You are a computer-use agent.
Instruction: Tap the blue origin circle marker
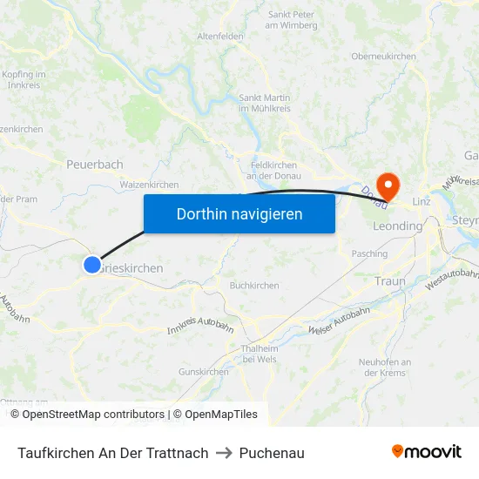coord(92,265)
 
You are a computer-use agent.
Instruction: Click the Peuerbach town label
coord(95,164)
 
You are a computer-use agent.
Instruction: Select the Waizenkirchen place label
coord(149,185)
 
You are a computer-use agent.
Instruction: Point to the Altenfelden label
coord(220,37)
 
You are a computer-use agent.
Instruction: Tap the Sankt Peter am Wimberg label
coord(292,20)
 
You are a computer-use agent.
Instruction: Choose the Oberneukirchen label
coord(383,57)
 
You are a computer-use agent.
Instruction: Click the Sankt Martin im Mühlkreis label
coord(265,101)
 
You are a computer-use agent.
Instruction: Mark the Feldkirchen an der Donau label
coord(273,170)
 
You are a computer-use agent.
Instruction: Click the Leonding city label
coord(397,226)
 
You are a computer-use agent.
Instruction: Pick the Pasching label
coord(369,253)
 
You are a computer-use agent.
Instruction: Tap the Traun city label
coord(390,281)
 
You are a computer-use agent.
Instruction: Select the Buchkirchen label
coord(254,286)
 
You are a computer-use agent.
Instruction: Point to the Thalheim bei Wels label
coord(259,354)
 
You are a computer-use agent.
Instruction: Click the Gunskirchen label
coord(203,372)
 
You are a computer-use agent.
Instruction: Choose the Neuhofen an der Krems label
coord(384,367)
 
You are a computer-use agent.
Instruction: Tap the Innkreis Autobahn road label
coord(200,327)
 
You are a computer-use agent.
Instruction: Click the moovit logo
coord(426,452)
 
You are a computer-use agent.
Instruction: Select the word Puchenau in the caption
coord(272,453)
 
